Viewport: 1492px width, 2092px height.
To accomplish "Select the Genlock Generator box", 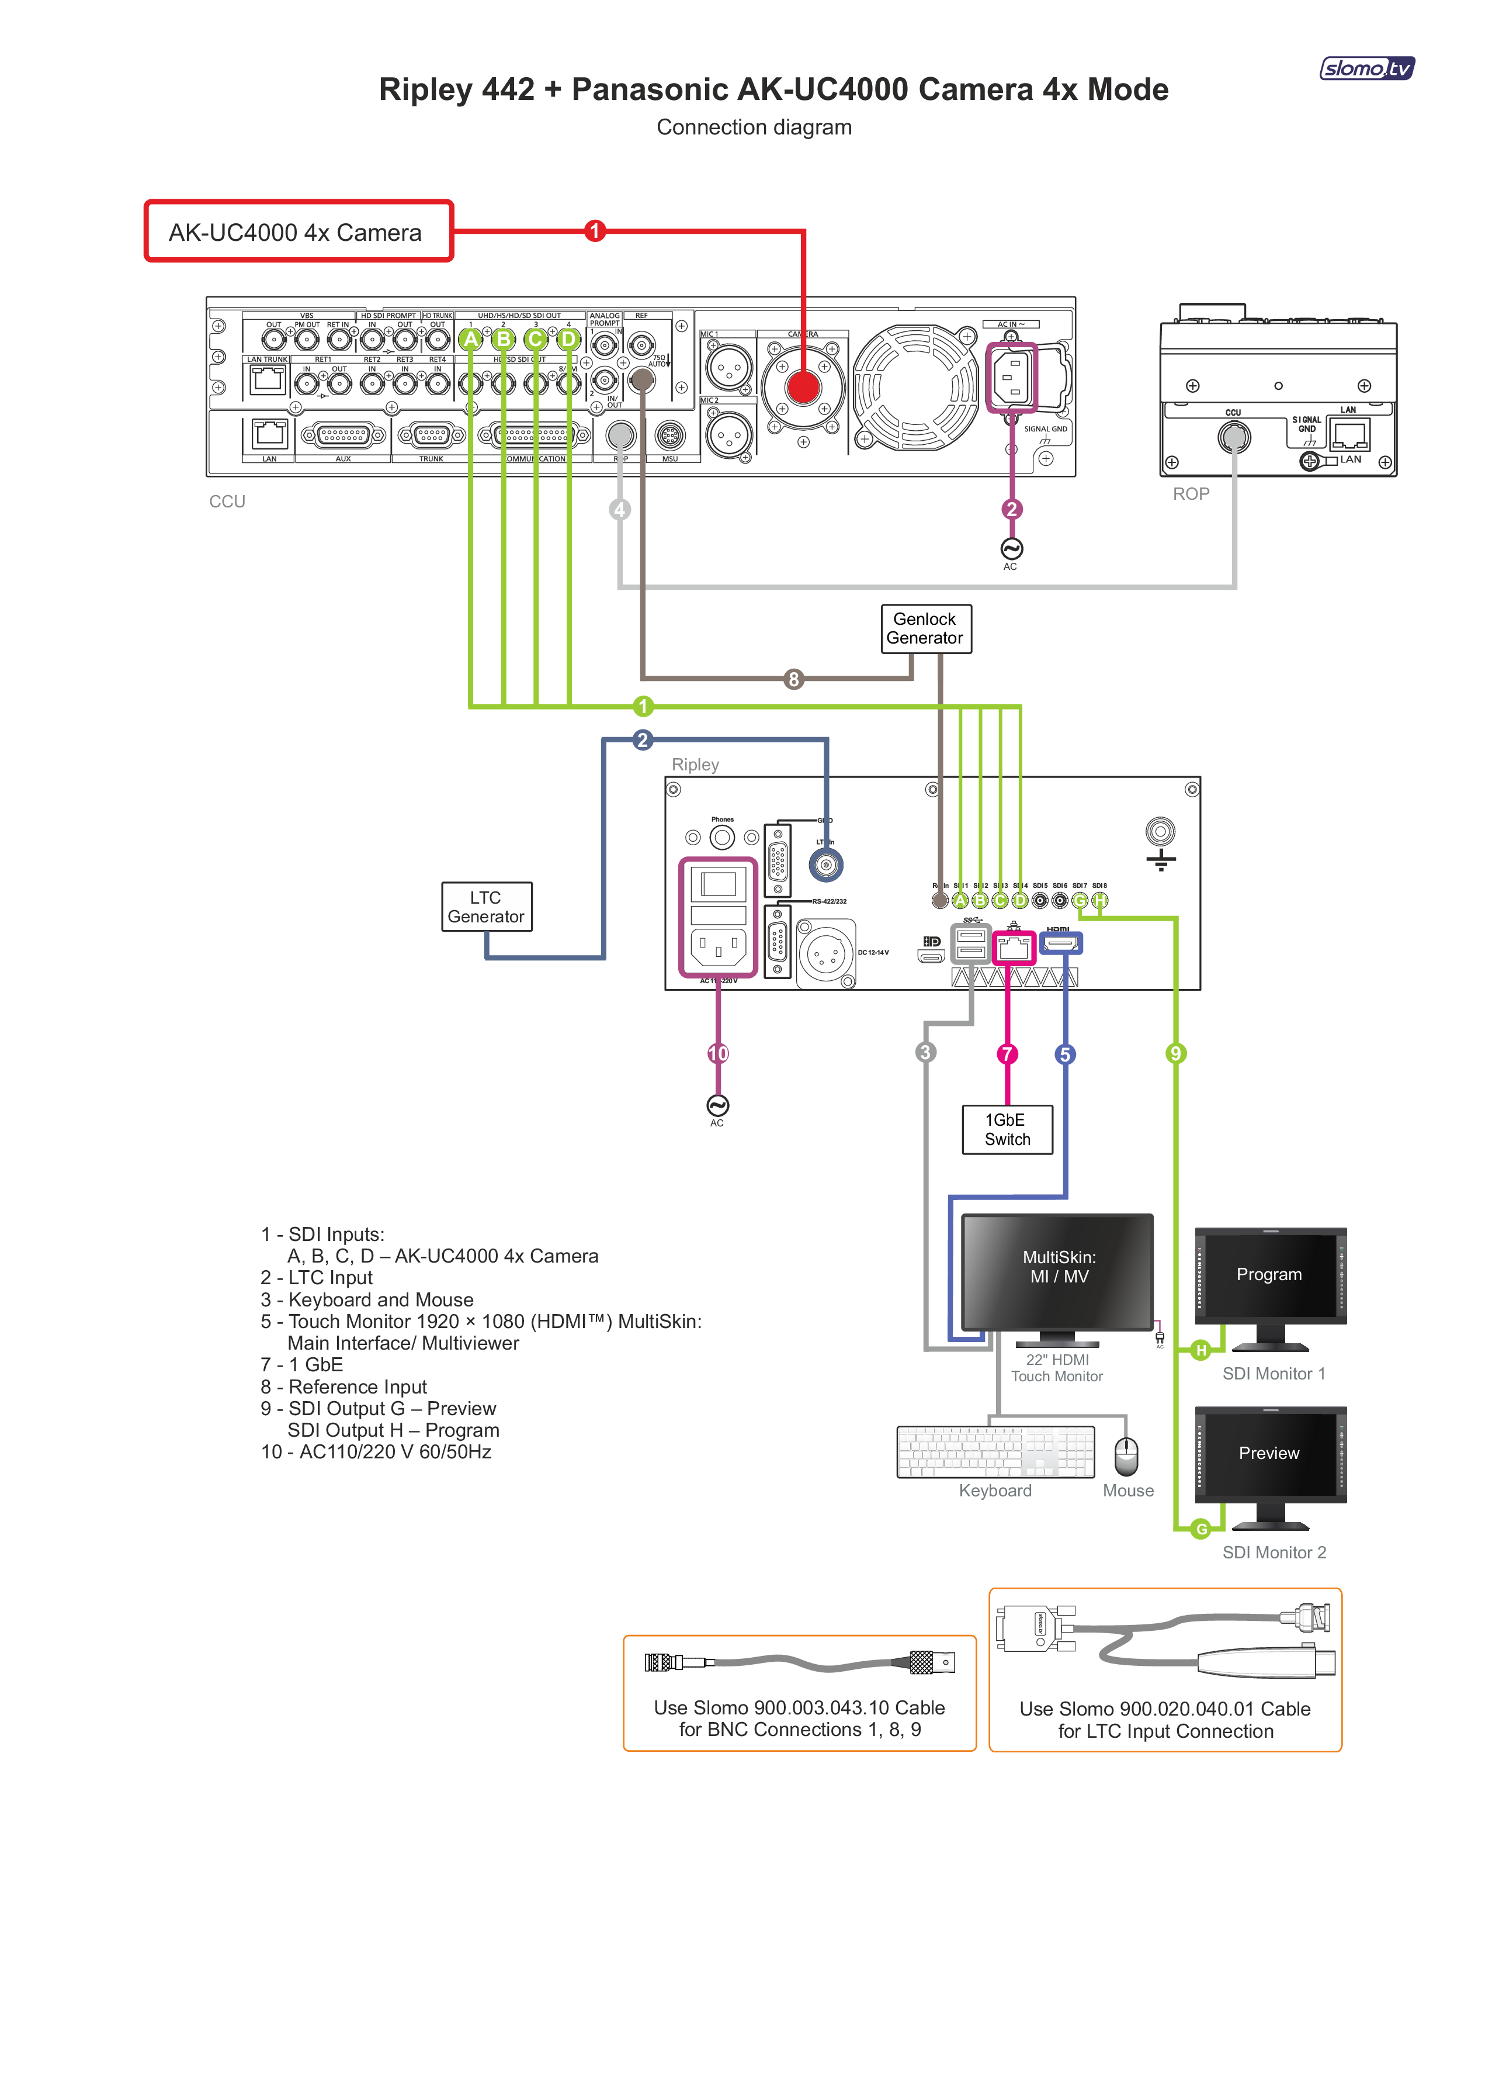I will [x=925, y=629].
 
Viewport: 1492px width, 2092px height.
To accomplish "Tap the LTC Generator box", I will [x=486, y=907].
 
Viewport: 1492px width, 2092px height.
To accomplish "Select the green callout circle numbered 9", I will [x=1175, y=1053].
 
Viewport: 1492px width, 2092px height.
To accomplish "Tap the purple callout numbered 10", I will [x=717, y=1053].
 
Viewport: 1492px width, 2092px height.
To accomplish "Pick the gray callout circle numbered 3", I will [x=925, y=1053].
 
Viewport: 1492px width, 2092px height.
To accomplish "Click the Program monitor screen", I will [x=1269, y=1275].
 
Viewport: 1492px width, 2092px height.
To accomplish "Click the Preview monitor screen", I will [x=1269, y=1453].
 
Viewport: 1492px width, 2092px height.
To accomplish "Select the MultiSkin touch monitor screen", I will [x=1057, y=1268].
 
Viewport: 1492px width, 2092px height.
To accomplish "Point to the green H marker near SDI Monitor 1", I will [x=1200, y=1350].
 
